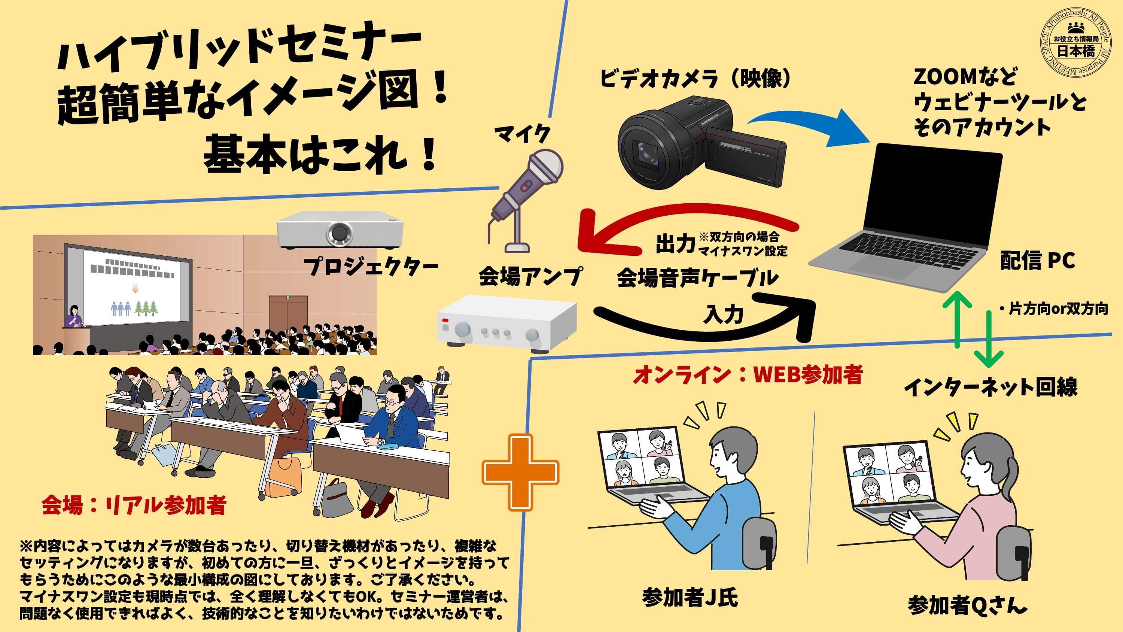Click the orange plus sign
520,472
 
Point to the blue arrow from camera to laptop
807,120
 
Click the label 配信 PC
1038,261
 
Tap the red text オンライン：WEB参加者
747,375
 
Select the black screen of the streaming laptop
931,192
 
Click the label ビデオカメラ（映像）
696,79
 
